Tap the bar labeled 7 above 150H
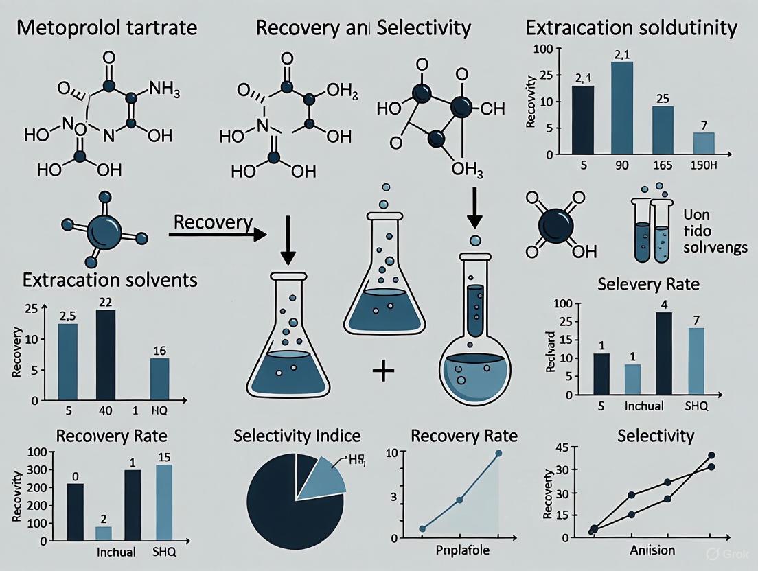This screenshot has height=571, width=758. (x=703, y=143)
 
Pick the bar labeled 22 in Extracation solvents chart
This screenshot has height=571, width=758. (x=106, y=354)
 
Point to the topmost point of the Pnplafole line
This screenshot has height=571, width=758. (x=498, y=454)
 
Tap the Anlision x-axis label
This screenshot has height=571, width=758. (x=652, y=550)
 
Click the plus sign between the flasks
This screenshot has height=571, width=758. (x=383, y=373)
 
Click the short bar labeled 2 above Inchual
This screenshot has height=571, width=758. (x=103, y=533)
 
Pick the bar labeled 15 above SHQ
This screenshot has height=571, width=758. (x=164, y=502)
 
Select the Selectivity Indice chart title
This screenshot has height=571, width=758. (x=297, y=436)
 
